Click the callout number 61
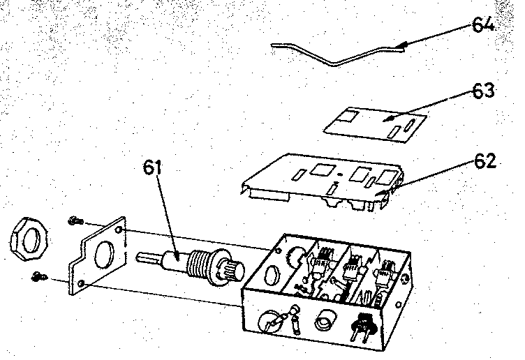click(x=152, y=167)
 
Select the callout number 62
click(x=485, y=161)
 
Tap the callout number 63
click(x=483, y=91)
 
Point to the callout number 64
click(x=483, y=24)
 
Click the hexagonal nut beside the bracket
click(x=29, y=239)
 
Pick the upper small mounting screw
click(x=75, y=220)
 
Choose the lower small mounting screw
click(x=40, y=277)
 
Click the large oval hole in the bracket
click(x=105, y=255)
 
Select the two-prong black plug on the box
click(x=362, y=327)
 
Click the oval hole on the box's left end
click(x=271, y=275)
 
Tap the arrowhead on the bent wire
click(x=401, y=46)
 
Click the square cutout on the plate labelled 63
click(x=348, y=116)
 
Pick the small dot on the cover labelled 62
click(x=341, y=174)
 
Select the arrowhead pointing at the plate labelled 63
click(x=388, y=118)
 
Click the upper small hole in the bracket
click(x=119, y=230)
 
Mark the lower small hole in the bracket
click(x=81, y=284)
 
